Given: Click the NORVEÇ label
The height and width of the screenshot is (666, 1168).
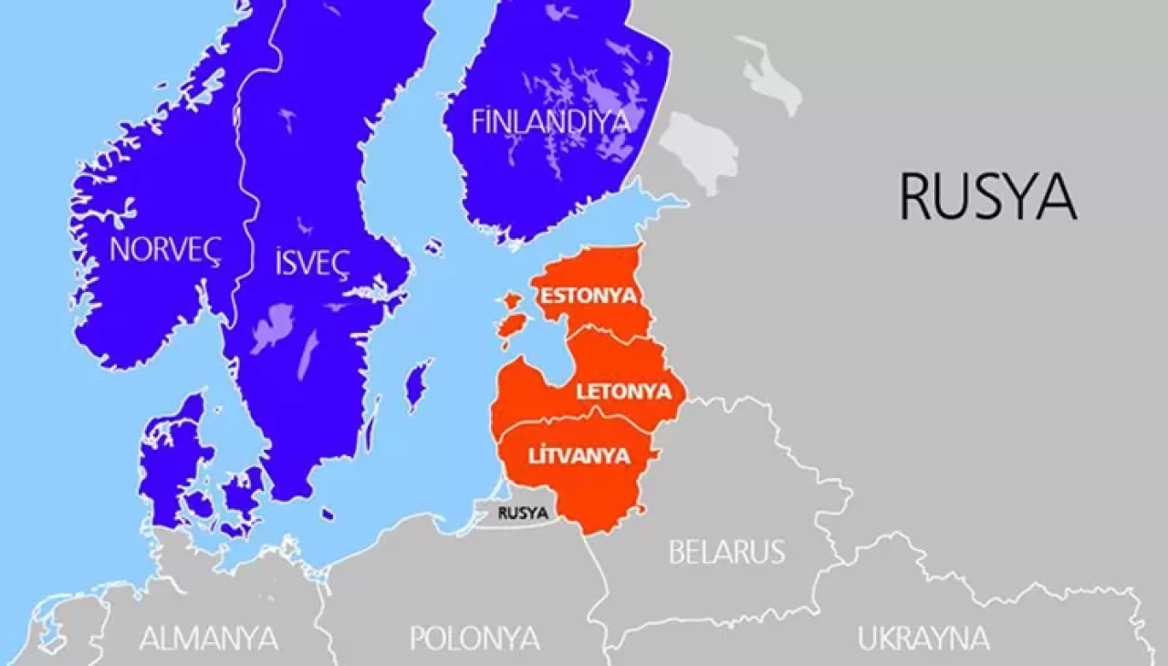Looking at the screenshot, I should [165, 250].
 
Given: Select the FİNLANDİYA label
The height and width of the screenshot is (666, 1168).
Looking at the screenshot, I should [551, 122].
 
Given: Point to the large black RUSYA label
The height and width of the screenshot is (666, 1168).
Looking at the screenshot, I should [987, 196].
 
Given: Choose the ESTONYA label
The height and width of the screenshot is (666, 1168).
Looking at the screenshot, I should [588, 297].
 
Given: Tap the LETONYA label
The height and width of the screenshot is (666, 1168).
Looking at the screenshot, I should [623, 392].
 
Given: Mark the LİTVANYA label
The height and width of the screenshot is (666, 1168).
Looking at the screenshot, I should [580, 455].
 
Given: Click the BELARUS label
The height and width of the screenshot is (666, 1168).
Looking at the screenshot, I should [726, 552].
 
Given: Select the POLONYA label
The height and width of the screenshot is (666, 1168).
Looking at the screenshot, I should [474, 637].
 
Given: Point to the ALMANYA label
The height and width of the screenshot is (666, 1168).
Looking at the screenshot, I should [209, 638].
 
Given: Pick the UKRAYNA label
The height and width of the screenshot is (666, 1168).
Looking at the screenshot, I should [923, 638].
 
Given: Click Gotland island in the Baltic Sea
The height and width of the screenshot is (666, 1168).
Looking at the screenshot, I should [418, 383].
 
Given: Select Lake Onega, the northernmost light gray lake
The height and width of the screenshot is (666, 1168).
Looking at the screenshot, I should [772, 77].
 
